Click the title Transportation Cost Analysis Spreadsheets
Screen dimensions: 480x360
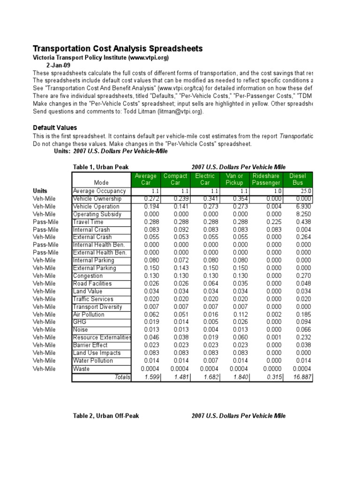point(118,49)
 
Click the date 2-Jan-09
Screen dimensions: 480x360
point(58,65)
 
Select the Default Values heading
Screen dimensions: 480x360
point(55,127)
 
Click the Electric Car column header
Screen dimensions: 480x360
point(205,179)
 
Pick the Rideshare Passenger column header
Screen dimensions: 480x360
point(266,179)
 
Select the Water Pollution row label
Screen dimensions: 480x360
point(93,360)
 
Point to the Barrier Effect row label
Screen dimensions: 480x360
point(90,345)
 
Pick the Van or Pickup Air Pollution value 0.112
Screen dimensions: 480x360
point(240,315)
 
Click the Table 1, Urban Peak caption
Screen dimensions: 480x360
point(101,167)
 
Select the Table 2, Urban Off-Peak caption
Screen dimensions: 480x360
point(106,416)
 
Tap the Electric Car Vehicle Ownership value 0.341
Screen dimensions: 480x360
point(209,199)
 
